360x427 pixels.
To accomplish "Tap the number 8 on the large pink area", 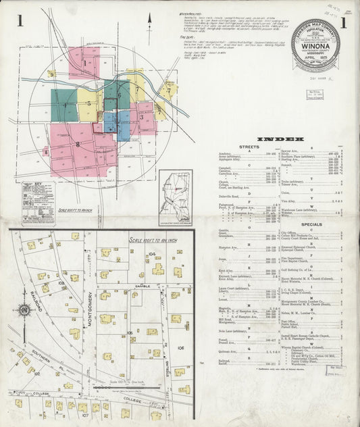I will point(78,144).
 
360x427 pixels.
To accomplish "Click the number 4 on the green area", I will point(65,105).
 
